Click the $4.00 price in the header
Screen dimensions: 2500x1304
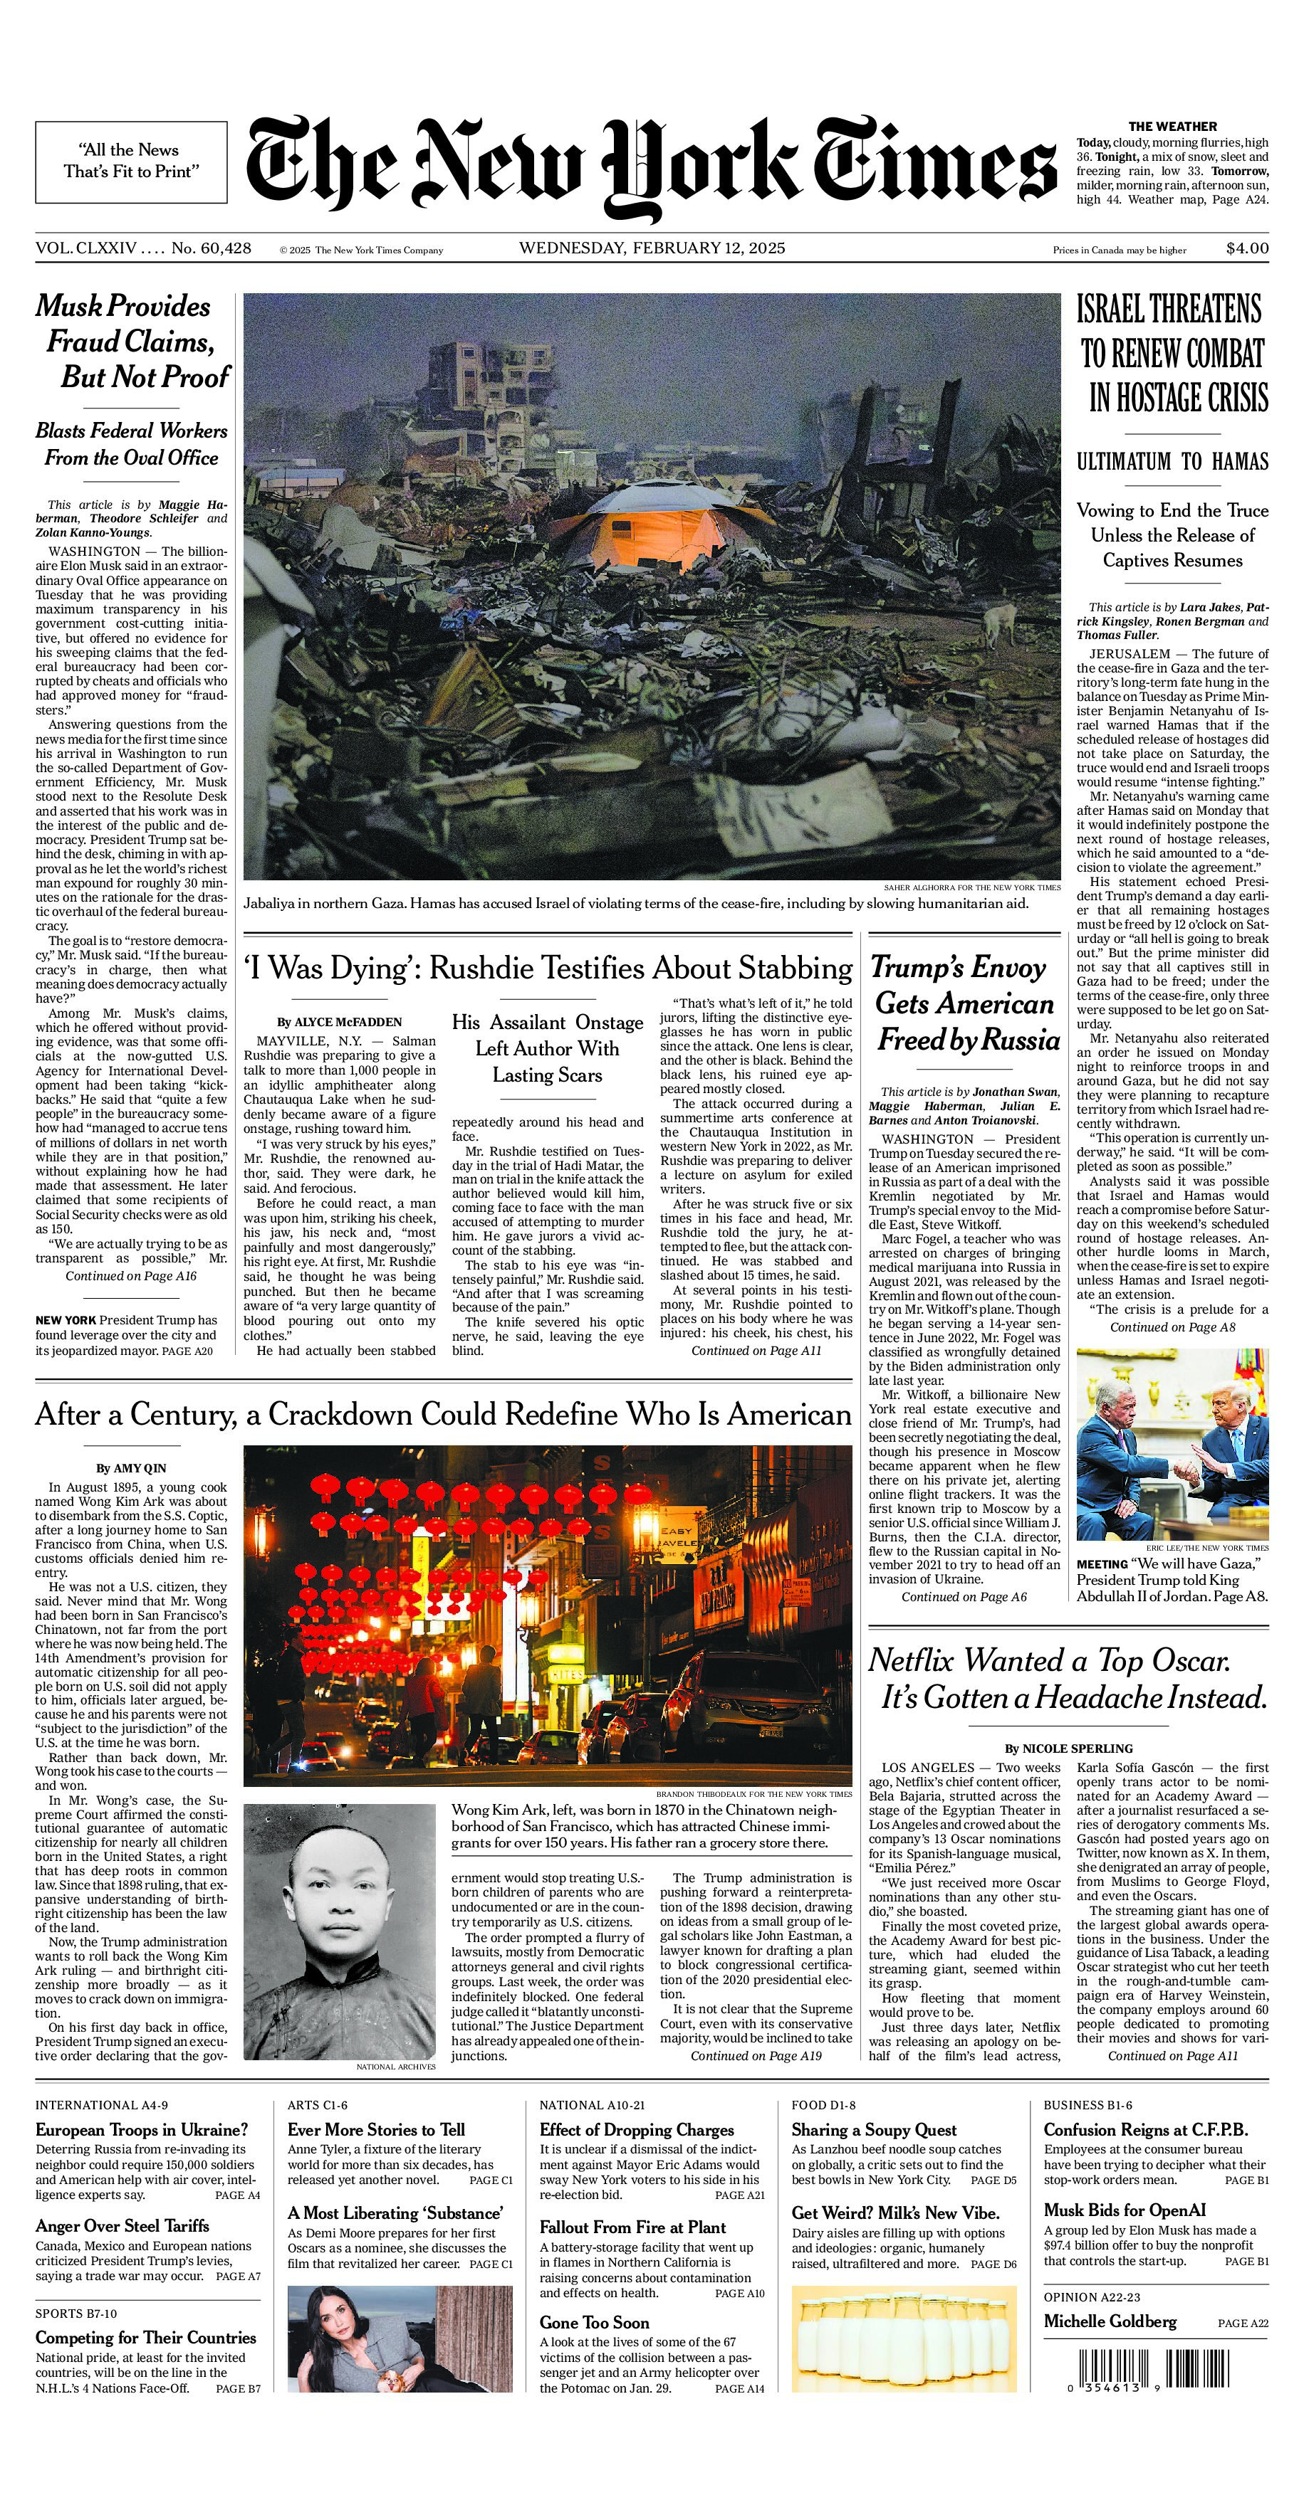click(1247, 248)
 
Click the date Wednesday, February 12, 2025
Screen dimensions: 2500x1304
click(652, 248)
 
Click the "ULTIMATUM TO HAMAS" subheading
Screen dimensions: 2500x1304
click(1172, 462)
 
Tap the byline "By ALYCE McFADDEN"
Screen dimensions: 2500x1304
click(339, 1022)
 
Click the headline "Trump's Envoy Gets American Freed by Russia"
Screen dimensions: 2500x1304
click(965, 1003)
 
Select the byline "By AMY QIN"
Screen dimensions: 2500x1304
click(131, 1468)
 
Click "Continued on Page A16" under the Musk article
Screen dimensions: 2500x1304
click(131, 1276)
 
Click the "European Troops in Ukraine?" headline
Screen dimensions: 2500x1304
click(142, 2130)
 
